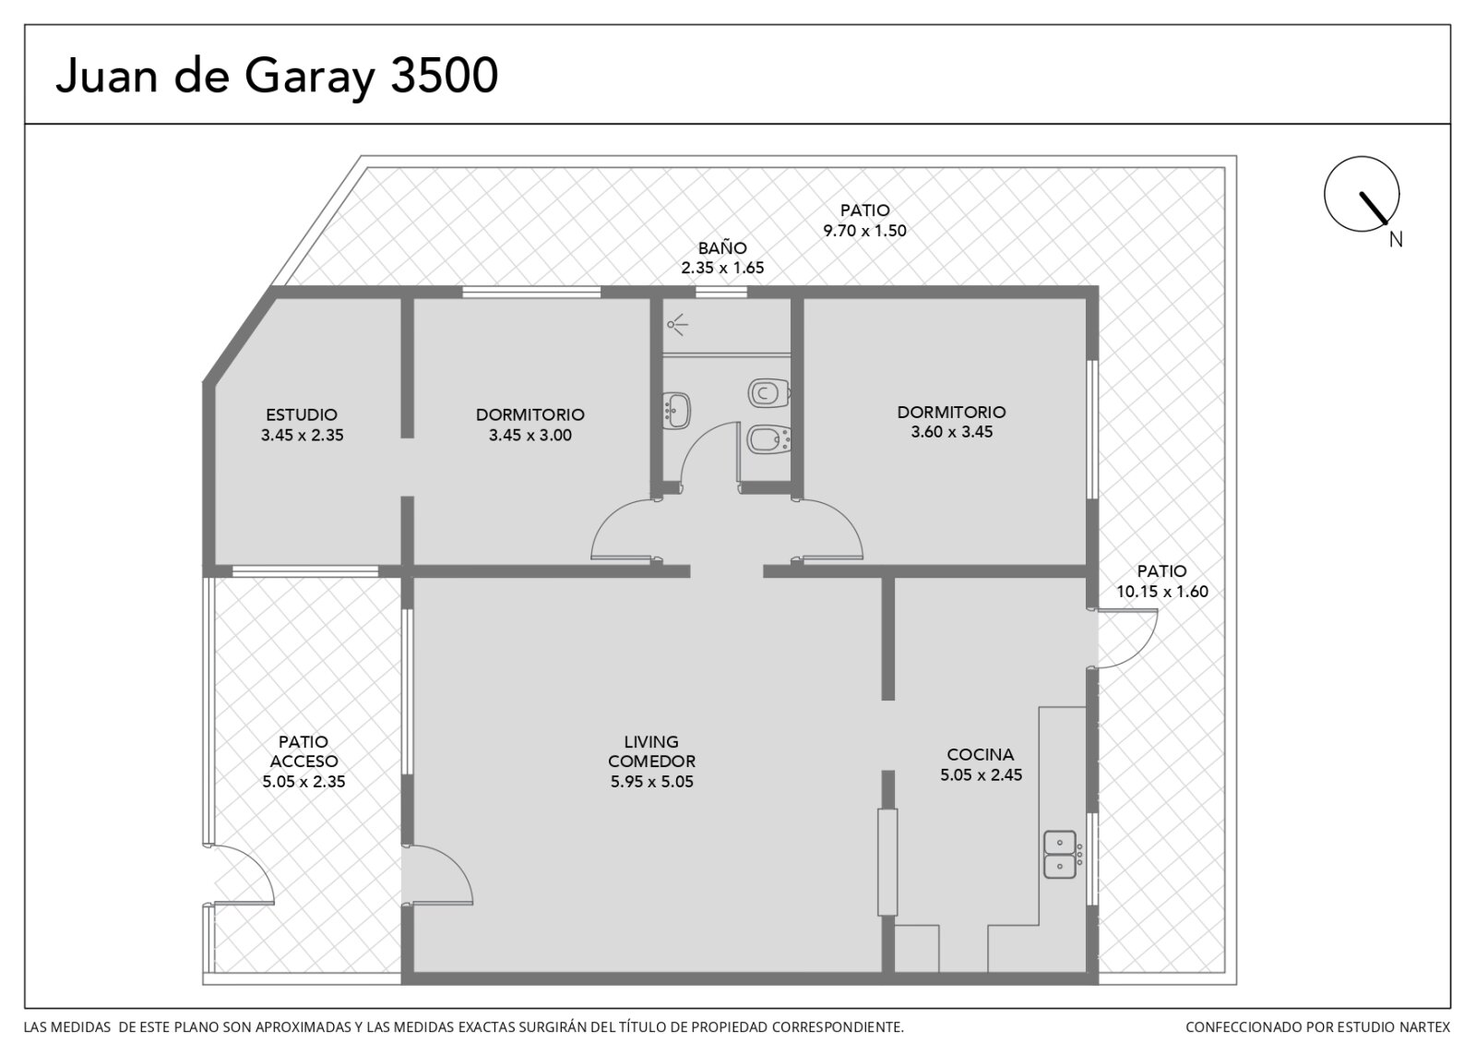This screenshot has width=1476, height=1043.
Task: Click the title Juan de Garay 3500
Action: tap(277, 77)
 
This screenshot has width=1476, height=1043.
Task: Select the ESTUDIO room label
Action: tap(302, 414)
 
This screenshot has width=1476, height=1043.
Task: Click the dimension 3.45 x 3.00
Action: tap(530, 435)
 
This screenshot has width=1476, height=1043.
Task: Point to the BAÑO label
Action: tap(722, 248)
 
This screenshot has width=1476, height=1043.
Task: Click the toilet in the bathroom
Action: tap(769, 393)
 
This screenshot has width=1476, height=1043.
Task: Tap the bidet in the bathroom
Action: tap(769, 439)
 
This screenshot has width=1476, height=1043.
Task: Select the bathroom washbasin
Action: tap(676, 411)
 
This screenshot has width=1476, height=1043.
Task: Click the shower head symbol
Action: tap(677, 324)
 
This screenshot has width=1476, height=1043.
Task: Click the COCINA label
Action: tap(981, 754)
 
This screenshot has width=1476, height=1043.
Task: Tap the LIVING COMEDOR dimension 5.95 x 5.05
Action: tap(651, 782)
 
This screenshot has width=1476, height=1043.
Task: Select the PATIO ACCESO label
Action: tap(304, 751)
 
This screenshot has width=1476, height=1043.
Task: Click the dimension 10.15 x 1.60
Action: tap(1162, 592)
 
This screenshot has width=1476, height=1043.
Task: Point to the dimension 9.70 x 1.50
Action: tap(864, 231)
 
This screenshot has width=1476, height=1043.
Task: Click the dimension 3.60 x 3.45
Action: tap(951, 432)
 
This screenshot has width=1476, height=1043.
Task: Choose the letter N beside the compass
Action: tap(1396, 239)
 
